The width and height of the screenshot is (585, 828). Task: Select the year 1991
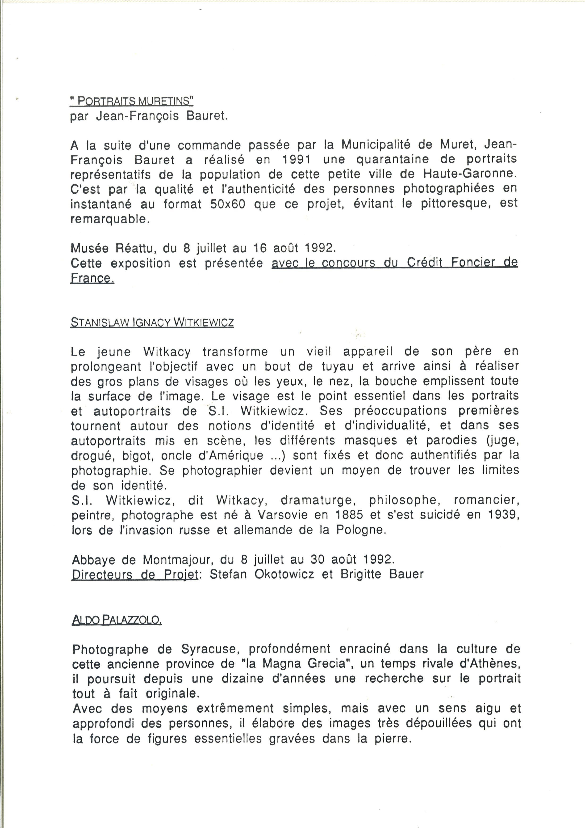click(297, 159)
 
